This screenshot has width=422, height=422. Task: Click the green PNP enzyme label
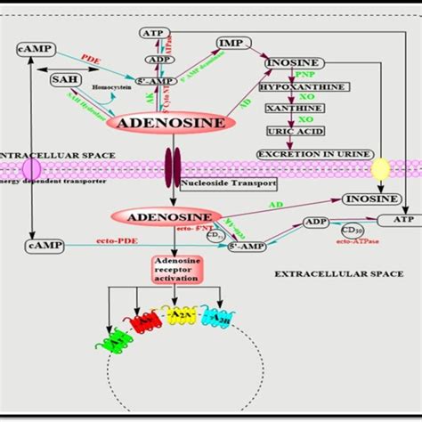click(x=305, y=75)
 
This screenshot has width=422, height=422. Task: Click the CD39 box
click(x=348, y=231)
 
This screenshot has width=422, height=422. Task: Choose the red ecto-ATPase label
click(x=354, y=241)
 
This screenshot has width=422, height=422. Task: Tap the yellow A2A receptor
click(x=179, y=317)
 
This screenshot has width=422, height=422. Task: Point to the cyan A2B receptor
click(x=215, y=317)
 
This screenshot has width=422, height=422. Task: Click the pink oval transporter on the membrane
click(x=31, y=167)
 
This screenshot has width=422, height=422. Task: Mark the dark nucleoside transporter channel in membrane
click(x=171, y=167)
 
